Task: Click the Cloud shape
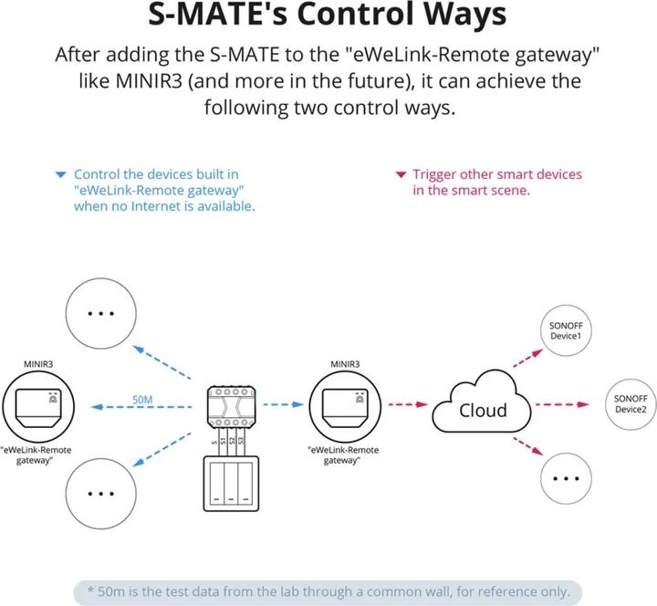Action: [482, 408]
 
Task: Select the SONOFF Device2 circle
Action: [631, 404]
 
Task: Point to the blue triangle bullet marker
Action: [60, 174]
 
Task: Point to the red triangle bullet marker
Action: [400, 174]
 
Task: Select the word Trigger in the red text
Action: [436, 174]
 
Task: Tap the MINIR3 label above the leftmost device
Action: [38, 365]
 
